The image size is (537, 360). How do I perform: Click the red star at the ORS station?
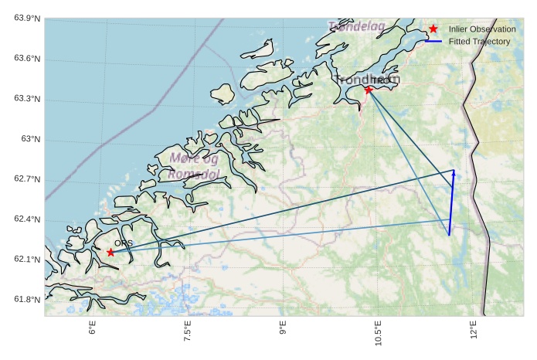click(110, 252)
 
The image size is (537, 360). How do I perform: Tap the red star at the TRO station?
click(369, 90)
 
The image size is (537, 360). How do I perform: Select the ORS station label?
click(124, 243)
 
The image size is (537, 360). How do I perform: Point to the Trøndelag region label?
click(356, 27)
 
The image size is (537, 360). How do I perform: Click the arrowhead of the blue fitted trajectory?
click(454, 172)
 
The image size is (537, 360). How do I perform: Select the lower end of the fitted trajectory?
click(449, 234)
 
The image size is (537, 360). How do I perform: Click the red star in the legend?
click(433, 29)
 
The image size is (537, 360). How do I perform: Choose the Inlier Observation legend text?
click(482, 29)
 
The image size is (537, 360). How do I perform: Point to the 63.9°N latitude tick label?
click(26, 19)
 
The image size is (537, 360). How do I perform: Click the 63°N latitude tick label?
click(31, 139)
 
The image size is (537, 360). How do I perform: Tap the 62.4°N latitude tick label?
click(26, 219)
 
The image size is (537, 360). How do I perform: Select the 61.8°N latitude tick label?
click(26, 300)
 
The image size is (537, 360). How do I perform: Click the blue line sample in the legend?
click(433, 41)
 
